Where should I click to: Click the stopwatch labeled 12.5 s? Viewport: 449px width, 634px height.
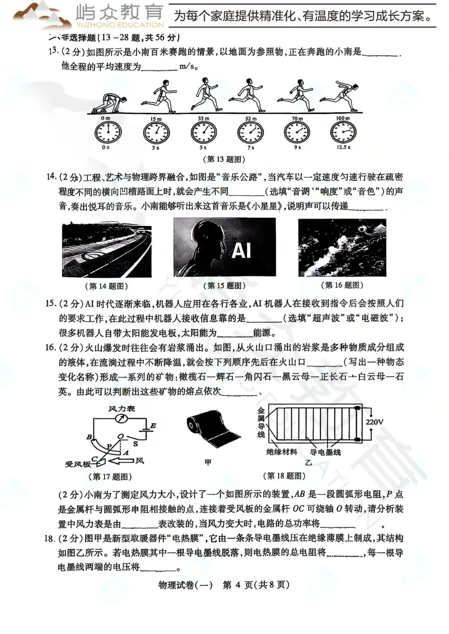pos(343,133)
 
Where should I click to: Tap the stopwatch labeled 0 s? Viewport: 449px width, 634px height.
pos(108,133)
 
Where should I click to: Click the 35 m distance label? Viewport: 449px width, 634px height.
pos(203,119)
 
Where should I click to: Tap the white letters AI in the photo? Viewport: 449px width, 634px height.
pos(241,250)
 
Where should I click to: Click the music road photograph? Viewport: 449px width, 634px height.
pos(107,251)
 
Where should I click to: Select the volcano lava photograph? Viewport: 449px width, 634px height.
pos(342,248)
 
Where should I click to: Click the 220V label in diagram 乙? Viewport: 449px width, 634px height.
pos(374,422)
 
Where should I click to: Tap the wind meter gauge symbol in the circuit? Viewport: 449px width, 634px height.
pos(121,419)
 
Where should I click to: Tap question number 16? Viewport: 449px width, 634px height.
pos(50,347)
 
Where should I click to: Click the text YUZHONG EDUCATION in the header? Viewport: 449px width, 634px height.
pos(120,25)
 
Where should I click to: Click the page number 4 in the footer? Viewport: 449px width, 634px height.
pos(238,585)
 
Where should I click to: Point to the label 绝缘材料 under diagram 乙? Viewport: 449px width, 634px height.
pos(281,452)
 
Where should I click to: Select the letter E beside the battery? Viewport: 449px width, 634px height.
pos(153,426)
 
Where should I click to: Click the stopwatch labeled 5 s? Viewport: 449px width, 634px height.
pos(203,133)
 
